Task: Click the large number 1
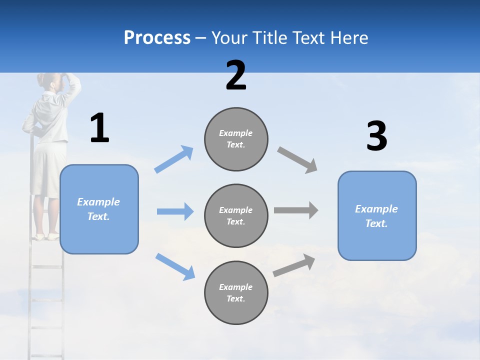(99, 128)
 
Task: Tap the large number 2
(236, 75)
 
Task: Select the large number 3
(376, 136)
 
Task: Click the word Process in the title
(157, 37)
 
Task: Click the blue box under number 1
(99, 209)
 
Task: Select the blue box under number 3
(377, 215)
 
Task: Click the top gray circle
(236, 139)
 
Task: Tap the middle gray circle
(236, 215)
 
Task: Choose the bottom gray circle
(236, 292)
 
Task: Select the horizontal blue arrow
(175, 211)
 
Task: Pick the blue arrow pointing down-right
(175, 266)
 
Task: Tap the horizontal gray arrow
(296, 210)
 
